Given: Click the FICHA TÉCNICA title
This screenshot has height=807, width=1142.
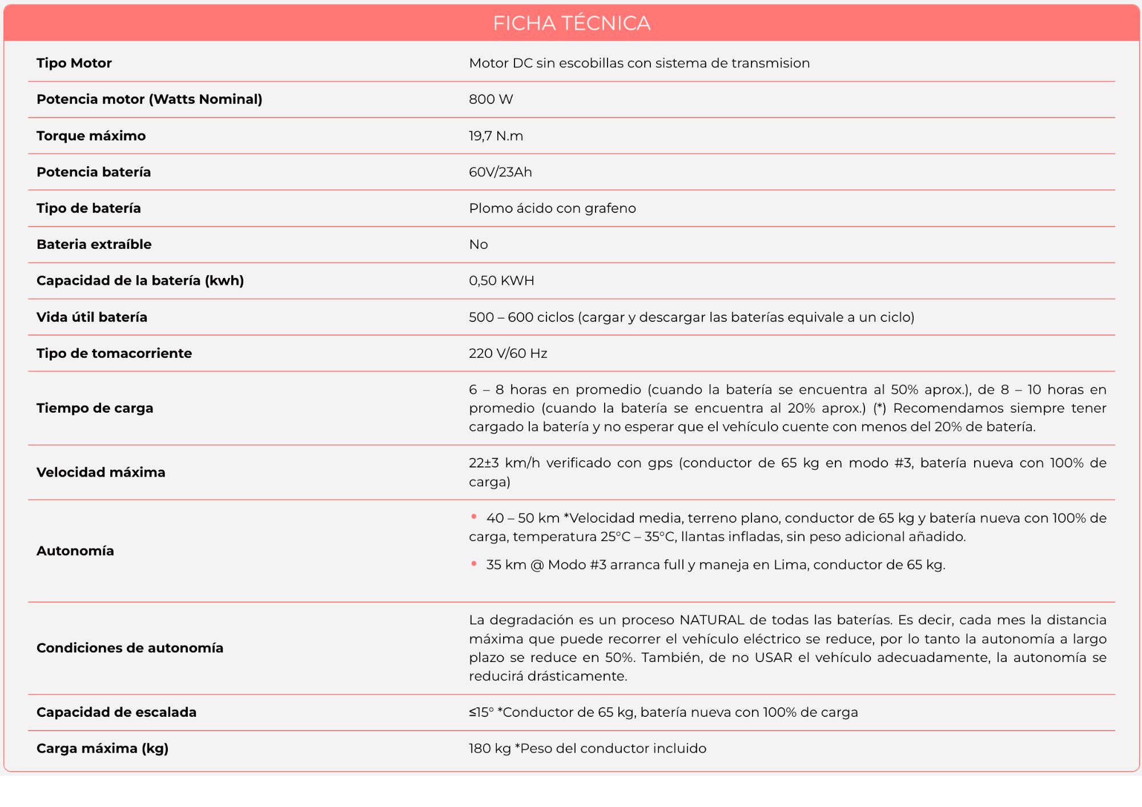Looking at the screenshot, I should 572,23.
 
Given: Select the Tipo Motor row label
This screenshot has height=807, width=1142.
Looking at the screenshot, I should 74,63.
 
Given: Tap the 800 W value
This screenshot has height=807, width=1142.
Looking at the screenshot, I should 490,99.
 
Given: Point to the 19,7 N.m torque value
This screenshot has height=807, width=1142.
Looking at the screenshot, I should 496,136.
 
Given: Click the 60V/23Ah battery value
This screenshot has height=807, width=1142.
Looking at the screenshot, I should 500,172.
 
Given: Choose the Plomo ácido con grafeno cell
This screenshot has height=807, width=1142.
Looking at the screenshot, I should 552,208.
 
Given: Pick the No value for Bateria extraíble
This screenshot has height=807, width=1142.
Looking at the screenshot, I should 478,245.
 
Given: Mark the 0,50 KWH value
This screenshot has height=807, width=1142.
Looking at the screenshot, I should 501,281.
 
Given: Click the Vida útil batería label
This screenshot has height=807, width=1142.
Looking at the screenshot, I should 92,317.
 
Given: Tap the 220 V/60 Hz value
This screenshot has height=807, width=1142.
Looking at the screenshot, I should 508,354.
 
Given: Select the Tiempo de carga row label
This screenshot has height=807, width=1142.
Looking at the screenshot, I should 95,408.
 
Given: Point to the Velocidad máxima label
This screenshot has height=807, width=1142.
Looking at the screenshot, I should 101,473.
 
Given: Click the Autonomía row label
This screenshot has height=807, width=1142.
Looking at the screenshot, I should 75,551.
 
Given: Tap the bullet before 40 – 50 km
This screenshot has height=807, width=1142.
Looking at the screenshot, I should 474,517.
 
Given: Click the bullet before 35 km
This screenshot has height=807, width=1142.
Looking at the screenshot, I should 474,564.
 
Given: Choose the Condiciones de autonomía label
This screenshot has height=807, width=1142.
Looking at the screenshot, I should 130,648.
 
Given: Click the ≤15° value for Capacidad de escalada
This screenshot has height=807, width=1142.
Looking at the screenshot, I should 481,712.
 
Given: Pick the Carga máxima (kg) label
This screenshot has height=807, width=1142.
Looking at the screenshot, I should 103,749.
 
